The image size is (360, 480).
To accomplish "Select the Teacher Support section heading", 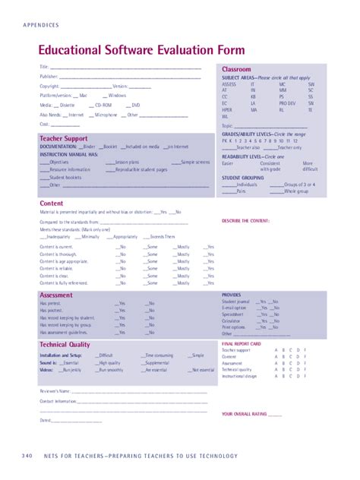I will click(x=63, y=139).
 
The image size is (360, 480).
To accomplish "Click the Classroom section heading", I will click(x=236, y=69).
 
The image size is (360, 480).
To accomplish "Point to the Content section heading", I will click(x=51, y=204).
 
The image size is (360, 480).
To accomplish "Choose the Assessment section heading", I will click(x=56, y=295).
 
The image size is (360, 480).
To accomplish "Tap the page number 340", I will click(x=27, y=456).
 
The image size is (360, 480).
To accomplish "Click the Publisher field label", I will click(x=49, y=77).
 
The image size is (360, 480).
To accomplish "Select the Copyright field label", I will click(x=49, y=87).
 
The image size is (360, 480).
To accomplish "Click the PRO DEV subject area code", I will click(x=287, y=103).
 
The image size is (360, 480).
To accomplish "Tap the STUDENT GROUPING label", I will click(x=243, y=178).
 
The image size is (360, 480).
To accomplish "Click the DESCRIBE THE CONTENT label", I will click(x=246, y=221).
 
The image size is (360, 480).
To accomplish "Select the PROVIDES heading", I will click(x=231, y=295).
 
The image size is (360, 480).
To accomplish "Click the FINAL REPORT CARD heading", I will click(x=242, y=344).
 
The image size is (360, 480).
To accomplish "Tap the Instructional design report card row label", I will click(x=239, y=376).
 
